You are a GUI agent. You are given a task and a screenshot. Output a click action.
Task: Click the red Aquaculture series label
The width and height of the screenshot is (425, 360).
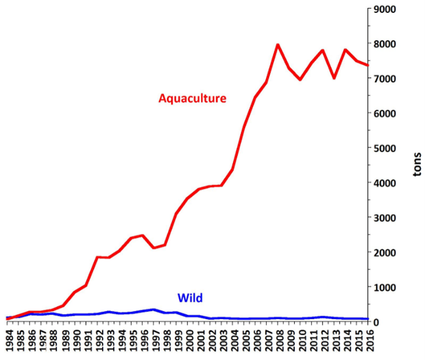click(192, 98)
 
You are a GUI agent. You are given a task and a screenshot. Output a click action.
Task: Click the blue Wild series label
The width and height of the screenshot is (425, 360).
click(190, 299)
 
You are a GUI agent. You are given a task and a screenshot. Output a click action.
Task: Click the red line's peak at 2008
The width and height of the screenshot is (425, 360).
click(278, 44)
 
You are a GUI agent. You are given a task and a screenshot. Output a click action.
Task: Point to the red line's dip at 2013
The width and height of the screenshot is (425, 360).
click(333, 78)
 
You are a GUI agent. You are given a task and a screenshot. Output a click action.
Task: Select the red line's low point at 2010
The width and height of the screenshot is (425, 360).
click(300, 80)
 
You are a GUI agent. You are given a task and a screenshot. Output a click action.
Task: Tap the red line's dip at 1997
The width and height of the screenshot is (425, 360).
click(154, 248)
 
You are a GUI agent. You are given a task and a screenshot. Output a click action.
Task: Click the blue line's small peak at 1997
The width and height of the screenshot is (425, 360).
click(154, 310)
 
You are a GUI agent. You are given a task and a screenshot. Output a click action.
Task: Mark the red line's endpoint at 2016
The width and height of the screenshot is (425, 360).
click(367, 65)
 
